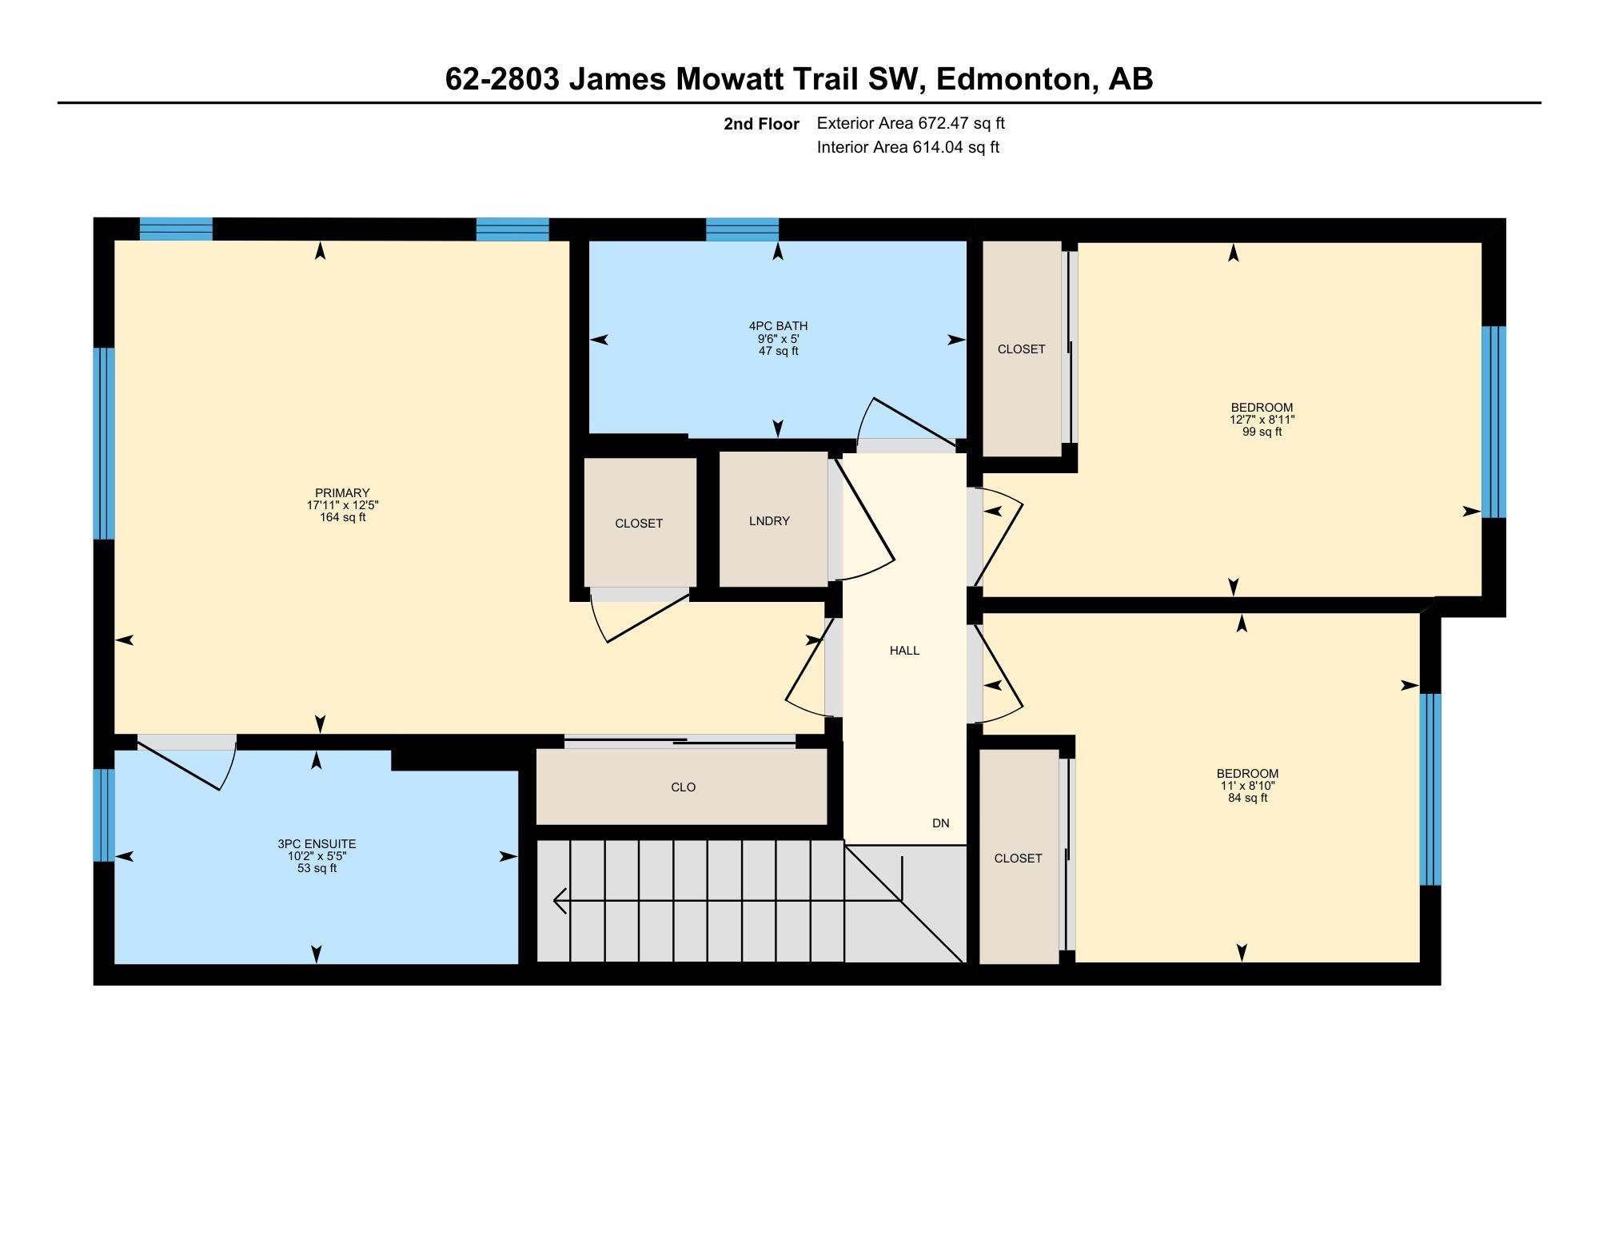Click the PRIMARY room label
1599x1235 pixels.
tap(342, 493)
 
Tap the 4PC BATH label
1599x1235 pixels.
tap(778, 326)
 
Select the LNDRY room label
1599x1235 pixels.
tap(769, 521)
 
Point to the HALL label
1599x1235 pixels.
tap(904, 651)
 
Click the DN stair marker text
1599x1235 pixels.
tap(940, 823)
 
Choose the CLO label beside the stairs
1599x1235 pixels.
tap(683, 787)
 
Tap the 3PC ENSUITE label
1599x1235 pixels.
tap(317, 844)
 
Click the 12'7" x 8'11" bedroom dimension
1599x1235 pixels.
tap(1262, 420)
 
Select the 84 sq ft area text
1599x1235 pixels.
tap(1247, 798)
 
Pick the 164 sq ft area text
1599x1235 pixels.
tap(342, 517)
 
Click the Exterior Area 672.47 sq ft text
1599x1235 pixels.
tap(911, 123)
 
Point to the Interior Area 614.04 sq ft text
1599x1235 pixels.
tap(908, 147)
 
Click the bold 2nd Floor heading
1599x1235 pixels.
tap(761, 124)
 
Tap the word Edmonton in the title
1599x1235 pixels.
tap(1013, 79)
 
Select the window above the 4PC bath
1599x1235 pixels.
tap(742, 229)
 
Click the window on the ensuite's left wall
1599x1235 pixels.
tap(104, 815)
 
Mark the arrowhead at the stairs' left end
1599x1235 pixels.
tap(560, 900)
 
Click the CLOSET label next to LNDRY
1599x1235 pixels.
tap(639, 524)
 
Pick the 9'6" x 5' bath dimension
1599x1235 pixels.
tap(778, 339)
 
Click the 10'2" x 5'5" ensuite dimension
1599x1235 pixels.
tap(317, 856)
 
